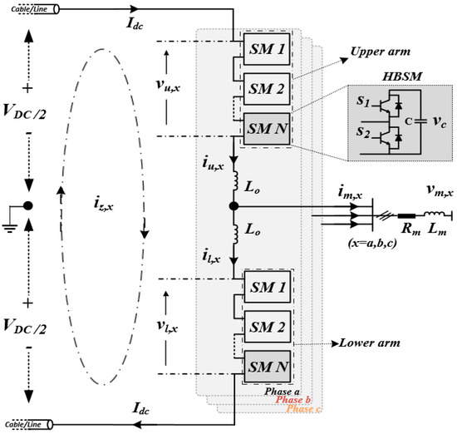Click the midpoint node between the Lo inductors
tap(234, 205)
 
